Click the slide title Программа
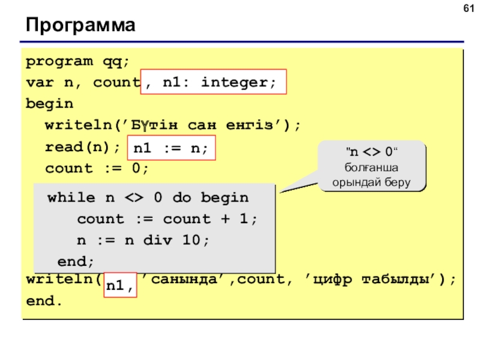[x=80, y=25]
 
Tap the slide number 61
[x=469, y=8]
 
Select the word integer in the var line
[x=235, y=82]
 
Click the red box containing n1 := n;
[x=172, y=148]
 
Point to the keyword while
[x=71, y=197]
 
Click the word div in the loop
[x=158, y=240]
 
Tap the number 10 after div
[x=191, y=239]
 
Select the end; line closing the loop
[x=76, y=262]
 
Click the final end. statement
[x=44, y=301]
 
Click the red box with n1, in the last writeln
[x=121, y=285]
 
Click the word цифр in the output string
[x=332, y=280]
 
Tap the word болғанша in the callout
[x=371, y=167]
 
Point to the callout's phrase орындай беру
[x=371, y=182]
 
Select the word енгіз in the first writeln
[x=250, y=125]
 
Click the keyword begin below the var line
[x=50, y=104]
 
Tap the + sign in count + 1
[x=226, y=218]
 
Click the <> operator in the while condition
[x=134, y=198]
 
